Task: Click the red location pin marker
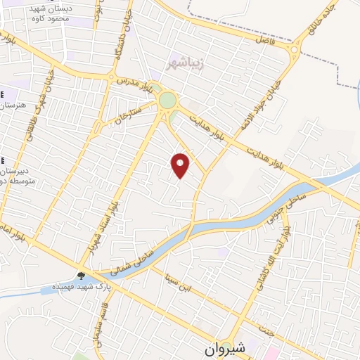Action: coord(181,165)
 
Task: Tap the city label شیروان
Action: coord(227,348)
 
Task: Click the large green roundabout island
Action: coord(167,100)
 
